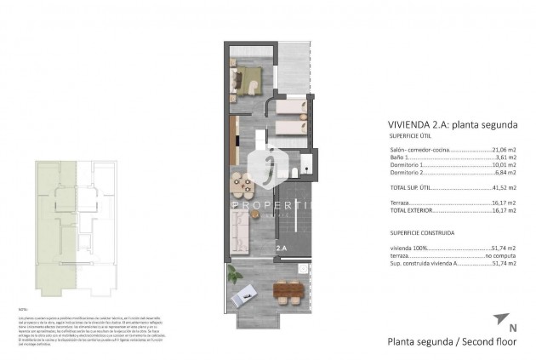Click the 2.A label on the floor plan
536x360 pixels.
282,248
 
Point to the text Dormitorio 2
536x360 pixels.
408,173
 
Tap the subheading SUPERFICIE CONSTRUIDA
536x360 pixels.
421,231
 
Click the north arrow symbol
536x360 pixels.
499,318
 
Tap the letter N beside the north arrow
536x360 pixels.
511,327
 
